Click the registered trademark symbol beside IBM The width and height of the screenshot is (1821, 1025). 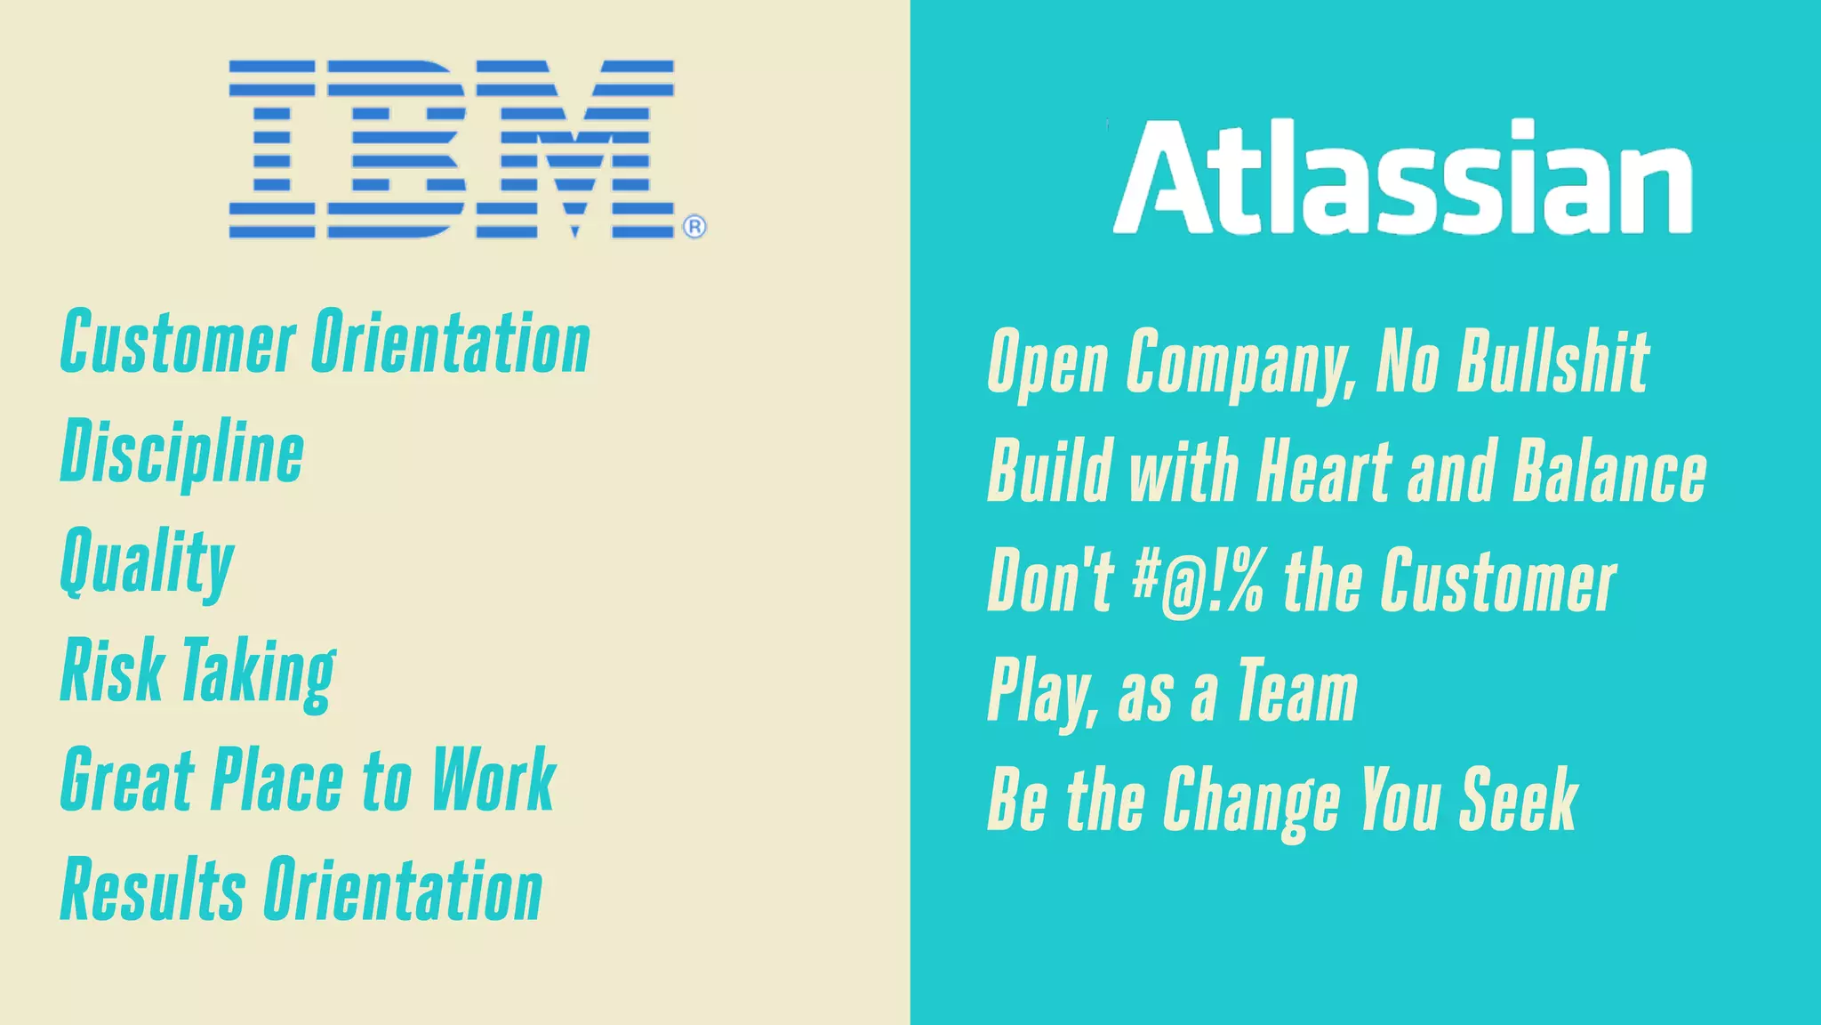694,228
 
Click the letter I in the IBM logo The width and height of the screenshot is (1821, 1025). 272,149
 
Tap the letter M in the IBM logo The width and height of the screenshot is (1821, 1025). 575,149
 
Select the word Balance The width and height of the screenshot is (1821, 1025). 1609,472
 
